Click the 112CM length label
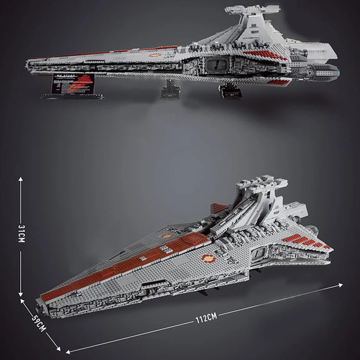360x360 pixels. click(206, 318)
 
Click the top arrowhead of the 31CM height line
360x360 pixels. click(21, 179)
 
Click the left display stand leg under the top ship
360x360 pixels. click(170, 90)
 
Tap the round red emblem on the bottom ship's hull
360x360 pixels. click(208, 258)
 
